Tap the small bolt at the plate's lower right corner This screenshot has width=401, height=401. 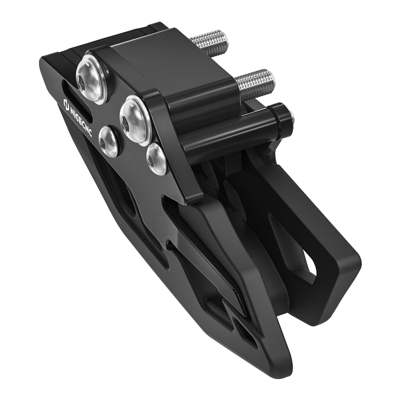[155, 158]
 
